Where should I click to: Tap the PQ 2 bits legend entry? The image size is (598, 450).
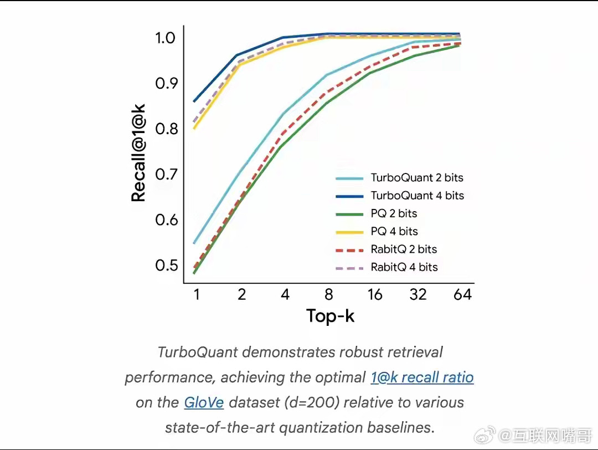394,213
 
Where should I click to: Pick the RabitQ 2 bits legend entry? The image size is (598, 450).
404,249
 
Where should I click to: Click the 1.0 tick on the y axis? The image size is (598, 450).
165,38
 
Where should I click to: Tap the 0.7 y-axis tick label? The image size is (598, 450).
165,175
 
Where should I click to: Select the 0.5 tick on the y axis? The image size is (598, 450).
165,265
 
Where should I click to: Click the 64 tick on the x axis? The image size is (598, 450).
462,294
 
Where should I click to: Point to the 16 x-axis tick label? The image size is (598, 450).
375,294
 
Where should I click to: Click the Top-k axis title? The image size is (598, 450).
331,316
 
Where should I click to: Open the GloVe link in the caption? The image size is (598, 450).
204,402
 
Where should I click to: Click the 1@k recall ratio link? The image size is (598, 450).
422,378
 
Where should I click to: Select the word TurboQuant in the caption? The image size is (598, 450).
198,352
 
